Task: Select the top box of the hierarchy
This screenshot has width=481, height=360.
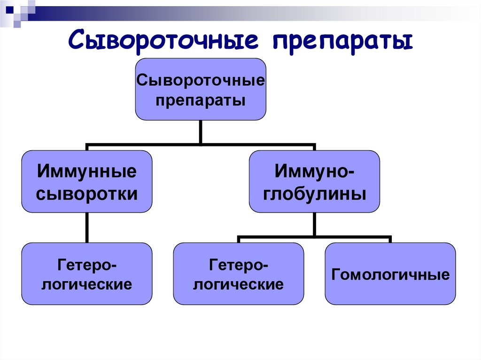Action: pyautogui.click(x=201, y=89)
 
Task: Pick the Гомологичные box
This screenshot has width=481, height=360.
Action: pyautogui.click(x=390, y=274)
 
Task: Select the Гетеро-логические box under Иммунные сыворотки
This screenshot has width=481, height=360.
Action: pyautogui.click(x=87, y=274)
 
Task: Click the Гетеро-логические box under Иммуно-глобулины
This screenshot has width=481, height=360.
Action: pyautogui.click(x=238, y=274)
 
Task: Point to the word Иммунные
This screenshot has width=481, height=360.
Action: pyautogui.click(x=87, y=171)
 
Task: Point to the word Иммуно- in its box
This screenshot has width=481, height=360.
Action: pyautogui.click(x=314, y=171)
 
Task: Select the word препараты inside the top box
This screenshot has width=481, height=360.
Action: pyautogui.click(x=201, y=100)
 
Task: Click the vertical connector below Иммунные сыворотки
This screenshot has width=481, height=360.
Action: pyautogui.click(x=87, y=228)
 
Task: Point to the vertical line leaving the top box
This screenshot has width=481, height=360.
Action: pyautogui.click(x=201, y=131)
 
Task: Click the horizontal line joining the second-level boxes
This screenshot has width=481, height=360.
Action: pyautogui.click(x=141, y=145)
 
